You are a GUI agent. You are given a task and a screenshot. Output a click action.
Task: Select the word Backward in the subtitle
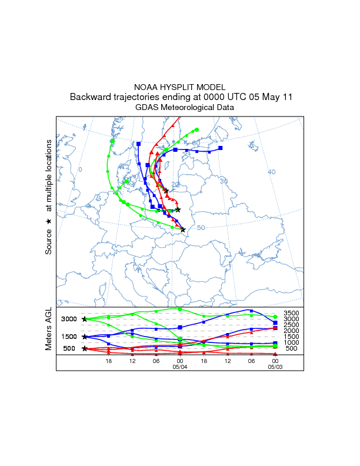click(89, 97)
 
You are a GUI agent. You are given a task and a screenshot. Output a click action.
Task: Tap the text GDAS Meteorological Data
click(185, 108)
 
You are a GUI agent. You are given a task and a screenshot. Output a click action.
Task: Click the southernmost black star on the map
click(183, 229)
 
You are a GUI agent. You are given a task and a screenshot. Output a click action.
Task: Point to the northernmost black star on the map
click(166, 190)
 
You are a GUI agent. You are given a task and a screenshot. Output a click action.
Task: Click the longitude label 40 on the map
click(271, 172)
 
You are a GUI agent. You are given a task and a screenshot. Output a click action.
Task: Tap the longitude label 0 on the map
click(81, 169)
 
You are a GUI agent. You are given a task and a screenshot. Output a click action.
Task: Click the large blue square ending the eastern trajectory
click(221, 148)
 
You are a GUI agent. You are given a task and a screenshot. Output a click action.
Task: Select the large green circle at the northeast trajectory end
click(196, 130)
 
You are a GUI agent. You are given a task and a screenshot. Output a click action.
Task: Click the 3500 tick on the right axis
click(292, 313)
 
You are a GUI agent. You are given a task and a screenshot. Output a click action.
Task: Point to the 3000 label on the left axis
click(70, 319)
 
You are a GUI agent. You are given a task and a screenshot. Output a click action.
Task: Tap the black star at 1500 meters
click(85, 337)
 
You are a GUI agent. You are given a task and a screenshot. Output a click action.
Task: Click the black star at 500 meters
click(85, 348)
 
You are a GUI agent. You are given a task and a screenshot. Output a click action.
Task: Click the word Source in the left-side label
click(49, 242)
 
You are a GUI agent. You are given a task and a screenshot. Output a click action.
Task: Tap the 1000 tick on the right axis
click(292, 342)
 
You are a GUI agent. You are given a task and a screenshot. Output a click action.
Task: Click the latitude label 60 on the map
click(196, 143)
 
